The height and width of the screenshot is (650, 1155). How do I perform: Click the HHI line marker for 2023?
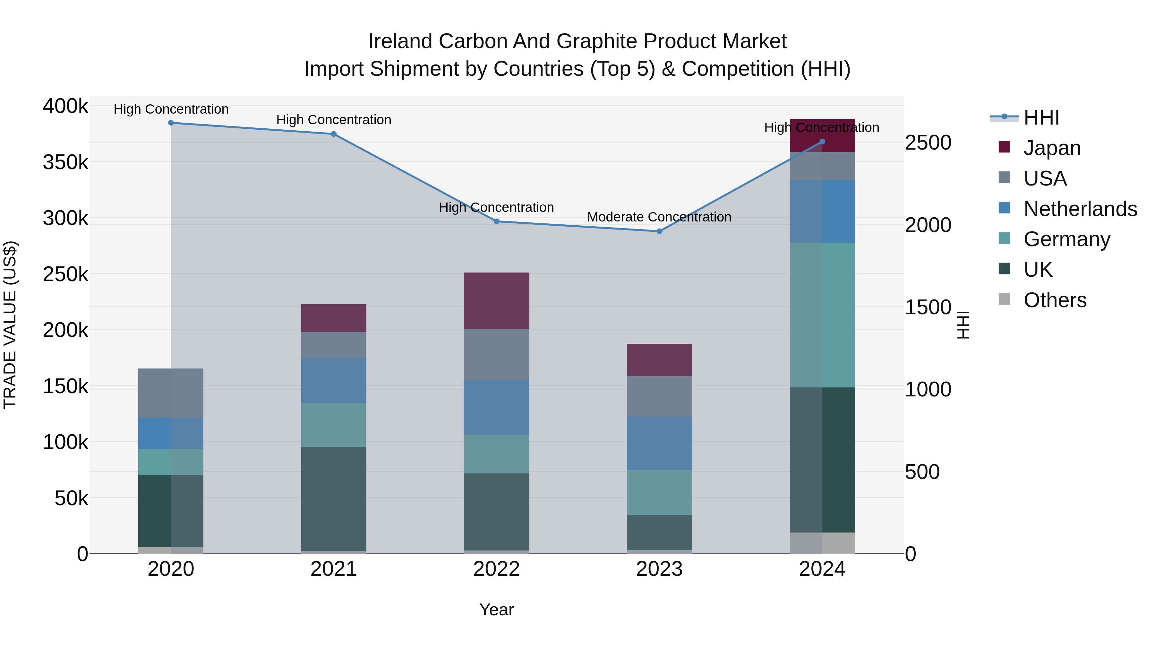(659, 231)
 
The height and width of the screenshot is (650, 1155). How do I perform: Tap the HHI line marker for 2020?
(171, 123)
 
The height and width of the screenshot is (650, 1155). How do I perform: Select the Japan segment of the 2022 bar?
(496, 300)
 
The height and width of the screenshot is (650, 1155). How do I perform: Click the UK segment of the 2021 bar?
(334, 498)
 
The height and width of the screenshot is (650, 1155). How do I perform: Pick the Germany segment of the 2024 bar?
(822, 315)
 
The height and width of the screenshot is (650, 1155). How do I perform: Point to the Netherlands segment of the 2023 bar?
(659, 443)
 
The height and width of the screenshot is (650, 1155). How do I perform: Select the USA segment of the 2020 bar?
(171, 393)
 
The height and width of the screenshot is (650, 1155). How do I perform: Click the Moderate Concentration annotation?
(659, 217)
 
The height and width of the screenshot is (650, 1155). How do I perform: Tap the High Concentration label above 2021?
(334, 120)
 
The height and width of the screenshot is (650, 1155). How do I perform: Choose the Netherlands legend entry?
(1080, 209)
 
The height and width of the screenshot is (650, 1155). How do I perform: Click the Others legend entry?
(1055, 300)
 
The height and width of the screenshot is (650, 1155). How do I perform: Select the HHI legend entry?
(1041, 117)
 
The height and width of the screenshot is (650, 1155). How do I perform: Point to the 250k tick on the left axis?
(65, 274)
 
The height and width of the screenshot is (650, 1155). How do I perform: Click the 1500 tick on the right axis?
(928, 307)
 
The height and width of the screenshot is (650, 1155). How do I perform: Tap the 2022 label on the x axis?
(496, 569)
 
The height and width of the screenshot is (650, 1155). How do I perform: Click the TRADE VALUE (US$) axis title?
(10, 325)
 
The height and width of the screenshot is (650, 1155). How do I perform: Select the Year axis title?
(496, 610)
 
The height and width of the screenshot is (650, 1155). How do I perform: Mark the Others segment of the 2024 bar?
(822, 543)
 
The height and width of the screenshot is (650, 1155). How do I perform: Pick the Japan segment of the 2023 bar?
(659, 360)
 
